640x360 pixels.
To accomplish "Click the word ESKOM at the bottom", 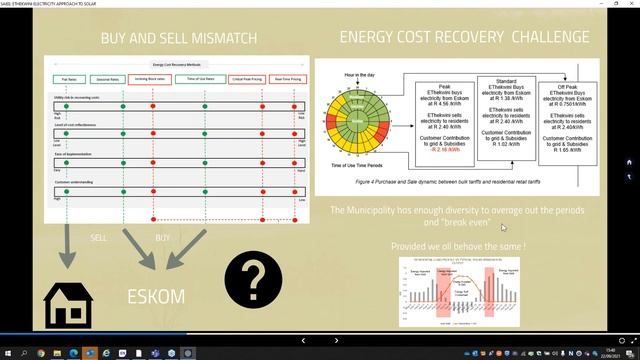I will (x=158, y=298).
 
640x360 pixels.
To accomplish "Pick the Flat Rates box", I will (x=70, y=77).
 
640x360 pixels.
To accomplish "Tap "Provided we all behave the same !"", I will (x=460, y=245).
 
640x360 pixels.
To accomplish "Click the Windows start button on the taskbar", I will (x=7, y=353).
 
